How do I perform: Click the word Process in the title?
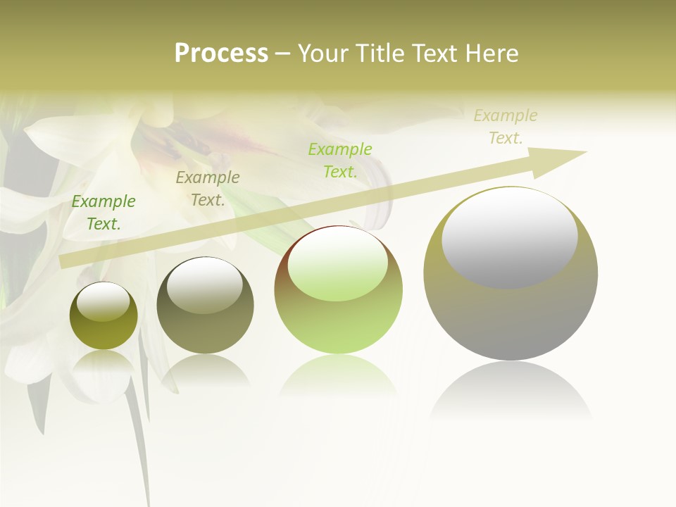pos(221,54)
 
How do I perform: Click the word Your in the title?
pos(323,54)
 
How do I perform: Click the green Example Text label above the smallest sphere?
pos(104,213)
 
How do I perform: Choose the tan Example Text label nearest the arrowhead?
pos(506,127)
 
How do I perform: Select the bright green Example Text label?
pos(340,160)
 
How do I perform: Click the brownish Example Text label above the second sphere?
pos(208,189)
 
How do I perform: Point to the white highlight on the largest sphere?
pos(509,238)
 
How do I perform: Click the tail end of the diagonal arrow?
pos(65,261)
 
